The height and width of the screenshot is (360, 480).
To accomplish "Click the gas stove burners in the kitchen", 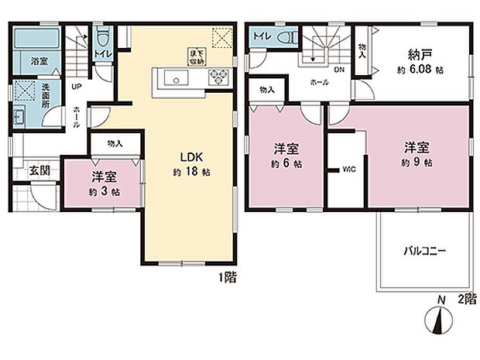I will tap(217, 77).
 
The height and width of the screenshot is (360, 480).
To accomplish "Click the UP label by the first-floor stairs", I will tap(74, 87).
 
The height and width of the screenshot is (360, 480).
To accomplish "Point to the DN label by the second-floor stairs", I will tap(339, 68).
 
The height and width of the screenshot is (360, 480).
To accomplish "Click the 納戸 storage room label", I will tap(420, 55).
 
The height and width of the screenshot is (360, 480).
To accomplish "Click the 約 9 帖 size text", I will tap(417, 163).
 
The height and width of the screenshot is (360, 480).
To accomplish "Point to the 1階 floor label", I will tap(227, 276).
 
